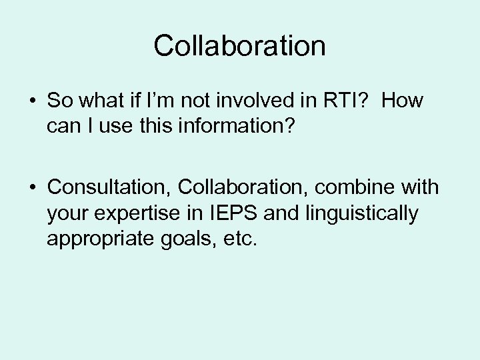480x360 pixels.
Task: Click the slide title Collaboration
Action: coord(239,46)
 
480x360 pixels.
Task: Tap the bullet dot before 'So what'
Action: coord(31,101)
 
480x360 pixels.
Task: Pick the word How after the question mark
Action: coord(404,101)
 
